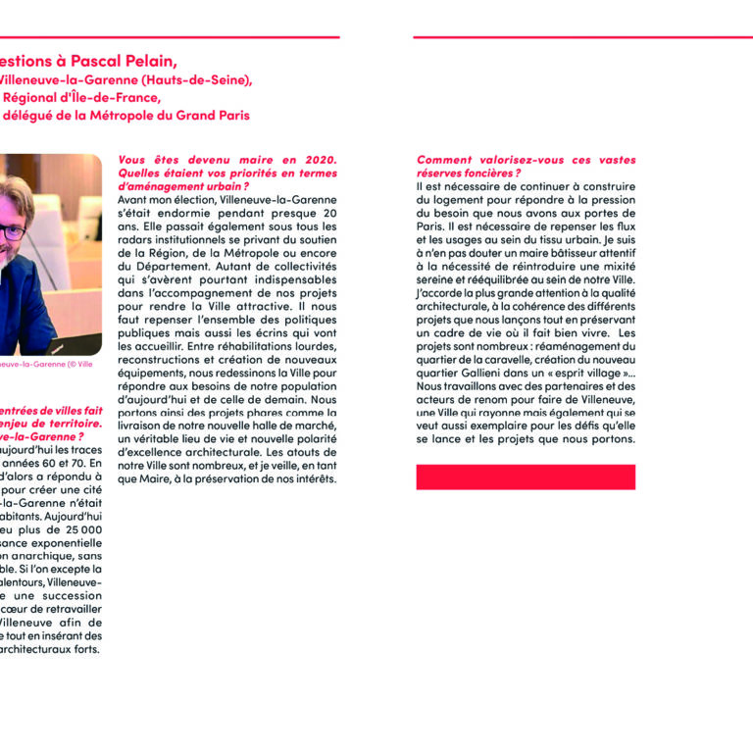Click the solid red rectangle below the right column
pyautogui.click(x=526, y=477)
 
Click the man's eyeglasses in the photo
pyautogui.click(x=12, y=232)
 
